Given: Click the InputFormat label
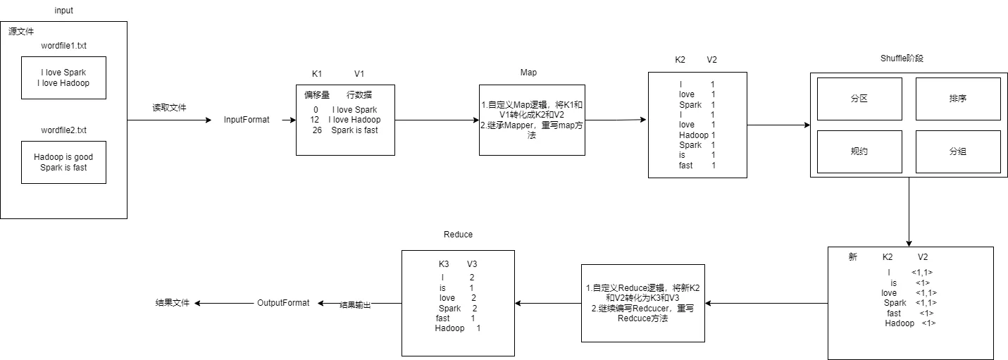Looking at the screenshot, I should point(247,120).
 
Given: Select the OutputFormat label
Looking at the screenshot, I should point(283,303).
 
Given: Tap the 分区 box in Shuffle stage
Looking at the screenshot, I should point(859,99).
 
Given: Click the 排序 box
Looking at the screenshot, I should point(957,99).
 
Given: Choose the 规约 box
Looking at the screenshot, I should point(859,151).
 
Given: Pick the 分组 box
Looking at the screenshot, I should point(957,151).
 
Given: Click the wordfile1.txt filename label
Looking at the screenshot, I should point(63,46).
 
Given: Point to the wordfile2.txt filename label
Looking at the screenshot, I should point(63,130).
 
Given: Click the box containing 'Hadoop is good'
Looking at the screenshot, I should point(63,162).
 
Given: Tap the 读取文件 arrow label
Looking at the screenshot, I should point(170,108).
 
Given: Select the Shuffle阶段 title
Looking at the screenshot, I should point(902,58).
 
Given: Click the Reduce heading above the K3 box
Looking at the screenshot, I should point(458,235).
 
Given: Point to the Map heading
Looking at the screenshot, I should point(528,73).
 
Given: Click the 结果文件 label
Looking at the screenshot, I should point(173,303).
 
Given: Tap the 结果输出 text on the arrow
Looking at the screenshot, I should point(355,305).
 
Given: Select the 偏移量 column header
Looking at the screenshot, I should point(317,95).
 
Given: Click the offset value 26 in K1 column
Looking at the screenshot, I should point(318,130).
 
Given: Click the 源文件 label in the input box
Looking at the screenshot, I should point(21,32).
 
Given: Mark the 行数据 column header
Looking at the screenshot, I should point(359,95).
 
